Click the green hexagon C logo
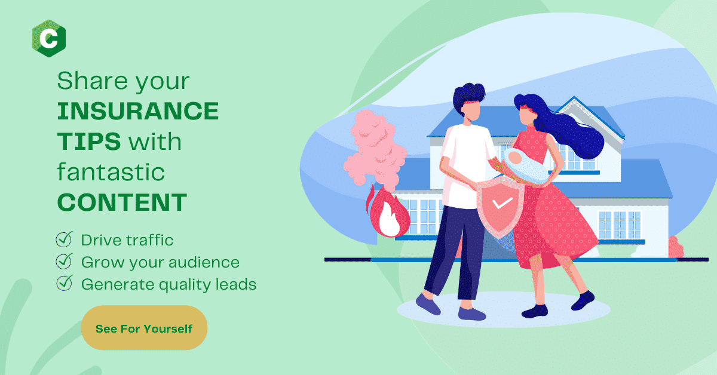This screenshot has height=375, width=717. (49, 38)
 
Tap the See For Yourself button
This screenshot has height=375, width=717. (144, 328)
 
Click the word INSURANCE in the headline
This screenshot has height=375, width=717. (138, 111)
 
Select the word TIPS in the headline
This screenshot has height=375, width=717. (89, 142)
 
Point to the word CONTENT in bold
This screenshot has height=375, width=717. (122, 202)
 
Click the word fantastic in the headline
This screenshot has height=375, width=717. (111, 171)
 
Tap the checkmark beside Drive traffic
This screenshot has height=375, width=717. (65, 239)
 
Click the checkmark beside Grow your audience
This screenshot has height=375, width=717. (65, 261)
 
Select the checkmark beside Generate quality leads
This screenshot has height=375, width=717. (65, 283)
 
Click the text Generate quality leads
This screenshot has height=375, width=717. (168, 284)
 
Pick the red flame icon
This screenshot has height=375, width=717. (388, 211)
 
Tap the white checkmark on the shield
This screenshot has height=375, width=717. (502, 203)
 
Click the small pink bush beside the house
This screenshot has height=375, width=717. (676, 247)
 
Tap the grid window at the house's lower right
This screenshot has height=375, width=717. (620, 225)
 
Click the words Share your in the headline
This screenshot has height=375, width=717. (123, 81)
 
